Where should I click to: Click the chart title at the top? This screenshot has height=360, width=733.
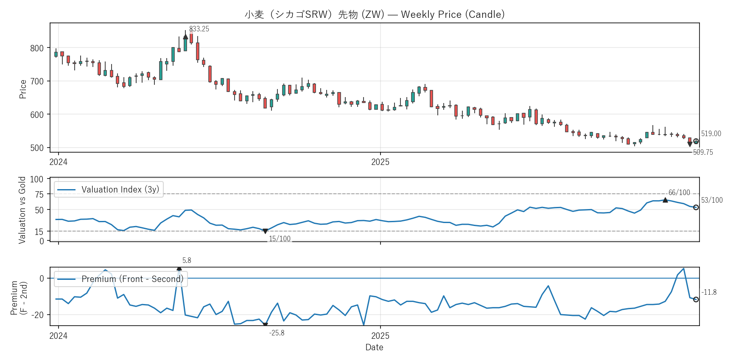[x=375, y=14]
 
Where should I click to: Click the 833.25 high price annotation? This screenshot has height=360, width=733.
[x=199, y=29]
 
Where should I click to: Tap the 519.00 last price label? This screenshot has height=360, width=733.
[x=711, y=134]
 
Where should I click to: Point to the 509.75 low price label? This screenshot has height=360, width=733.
[x=703, y=152]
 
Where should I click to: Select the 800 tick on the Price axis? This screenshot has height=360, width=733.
[x=37, y=48]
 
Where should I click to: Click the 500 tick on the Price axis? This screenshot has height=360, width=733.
[x=37, y=148]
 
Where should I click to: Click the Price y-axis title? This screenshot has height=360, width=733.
[x=23, y=89]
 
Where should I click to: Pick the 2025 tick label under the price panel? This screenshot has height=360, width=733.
[x=380, y=162]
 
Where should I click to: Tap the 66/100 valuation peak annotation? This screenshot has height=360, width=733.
[x=679, y=193]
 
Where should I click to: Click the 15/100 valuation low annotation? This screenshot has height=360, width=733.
[x=280, y=239]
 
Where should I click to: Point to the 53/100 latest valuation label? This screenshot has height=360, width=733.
[x=712, y=200]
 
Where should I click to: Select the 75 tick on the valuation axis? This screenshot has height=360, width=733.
[x=39, y=195]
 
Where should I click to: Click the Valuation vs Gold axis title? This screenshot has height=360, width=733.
[x=22, y=210]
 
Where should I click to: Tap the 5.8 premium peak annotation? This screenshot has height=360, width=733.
[x=187, y=260]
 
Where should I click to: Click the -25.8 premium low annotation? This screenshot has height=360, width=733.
[x=277, y=333]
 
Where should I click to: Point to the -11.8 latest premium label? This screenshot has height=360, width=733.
[x=709, y=292]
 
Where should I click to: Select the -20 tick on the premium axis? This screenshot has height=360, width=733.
[x=39, y=315]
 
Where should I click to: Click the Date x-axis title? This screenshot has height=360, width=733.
[x=374, y=347]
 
